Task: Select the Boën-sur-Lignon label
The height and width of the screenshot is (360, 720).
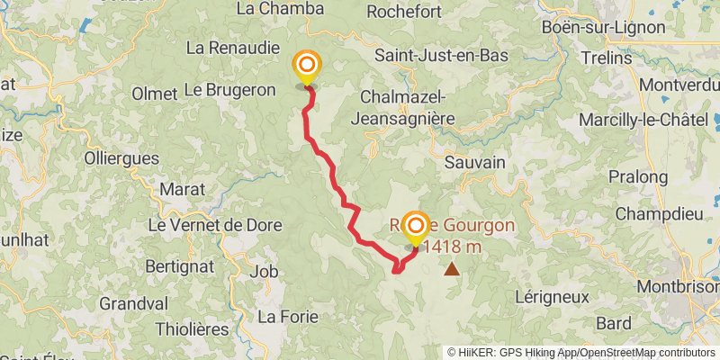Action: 604,27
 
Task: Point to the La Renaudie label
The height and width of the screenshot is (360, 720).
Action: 230,47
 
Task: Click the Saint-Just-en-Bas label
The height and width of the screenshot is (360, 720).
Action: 441,56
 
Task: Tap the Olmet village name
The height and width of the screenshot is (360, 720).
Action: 154,94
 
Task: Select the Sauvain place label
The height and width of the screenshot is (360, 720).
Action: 474,162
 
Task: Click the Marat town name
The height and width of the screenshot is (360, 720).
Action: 182,189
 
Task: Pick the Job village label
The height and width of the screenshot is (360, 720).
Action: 264,271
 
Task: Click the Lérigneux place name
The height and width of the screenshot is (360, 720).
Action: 553,296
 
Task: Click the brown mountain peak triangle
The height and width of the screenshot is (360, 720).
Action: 450,268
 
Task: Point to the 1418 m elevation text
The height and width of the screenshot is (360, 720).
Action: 455,246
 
